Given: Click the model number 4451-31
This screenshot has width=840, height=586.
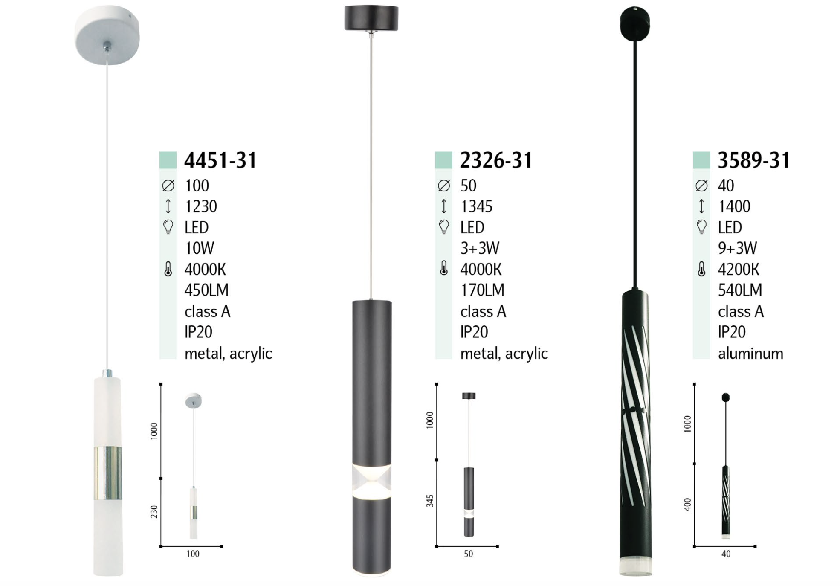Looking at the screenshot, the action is [220, 160].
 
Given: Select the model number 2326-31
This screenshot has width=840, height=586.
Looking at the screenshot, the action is [496, 160].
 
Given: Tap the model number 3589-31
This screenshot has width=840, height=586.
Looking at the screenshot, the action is [754, 160].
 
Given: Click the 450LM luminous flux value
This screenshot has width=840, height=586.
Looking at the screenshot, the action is [206, 290].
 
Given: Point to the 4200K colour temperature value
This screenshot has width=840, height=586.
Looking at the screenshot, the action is [739, 269].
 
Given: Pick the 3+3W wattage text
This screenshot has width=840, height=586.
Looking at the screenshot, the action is [480, 248].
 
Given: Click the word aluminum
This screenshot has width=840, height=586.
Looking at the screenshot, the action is [750, 354].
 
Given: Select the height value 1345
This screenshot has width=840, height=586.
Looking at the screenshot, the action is [476, 206].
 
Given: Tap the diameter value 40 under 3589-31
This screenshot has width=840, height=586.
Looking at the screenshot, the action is [726, 186].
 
